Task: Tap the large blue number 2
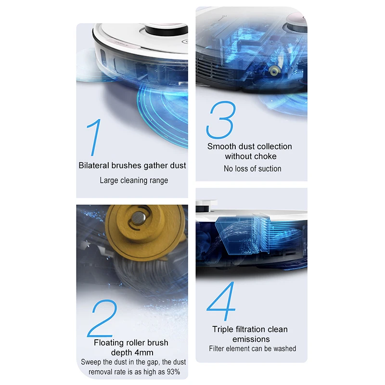click(102, 318)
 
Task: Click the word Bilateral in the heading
click(94, 166)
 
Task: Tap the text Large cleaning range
click(134, 180)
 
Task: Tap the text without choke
click(251, 156)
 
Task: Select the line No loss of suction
click(252, 168)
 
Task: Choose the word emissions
click(251, 339)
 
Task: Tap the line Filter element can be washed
click(252, 348)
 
